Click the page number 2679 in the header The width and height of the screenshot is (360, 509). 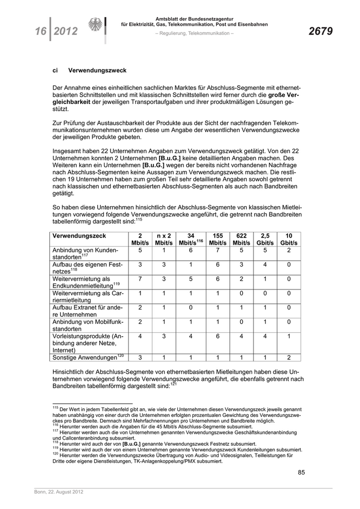point(320,32)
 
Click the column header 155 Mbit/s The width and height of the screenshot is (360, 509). point(218,239)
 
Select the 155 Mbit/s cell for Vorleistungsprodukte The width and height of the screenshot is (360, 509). point(218,335)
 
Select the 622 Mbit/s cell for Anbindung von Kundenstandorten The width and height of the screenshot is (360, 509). point(241,250)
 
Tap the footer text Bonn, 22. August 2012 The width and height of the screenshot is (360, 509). point(56,492)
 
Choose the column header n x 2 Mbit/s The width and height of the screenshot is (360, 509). point(164,239)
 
